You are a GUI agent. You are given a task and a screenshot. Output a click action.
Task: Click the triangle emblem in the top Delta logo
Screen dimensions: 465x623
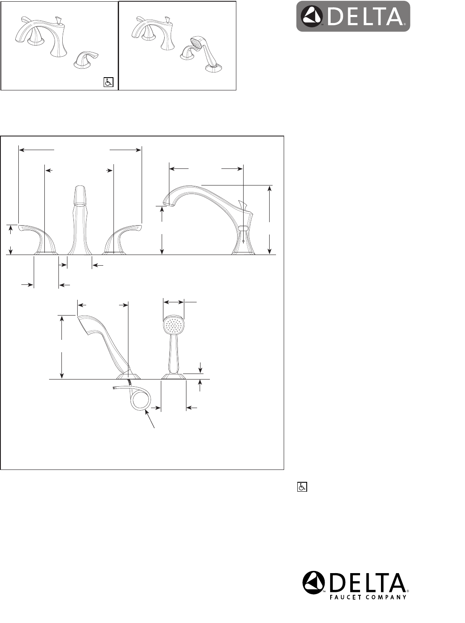(312, 16)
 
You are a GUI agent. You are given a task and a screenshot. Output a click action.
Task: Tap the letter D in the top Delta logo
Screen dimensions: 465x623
(336, 16)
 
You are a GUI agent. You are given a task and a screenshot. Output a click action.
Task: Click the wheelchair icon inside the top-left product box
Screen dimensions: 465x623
(108, 82)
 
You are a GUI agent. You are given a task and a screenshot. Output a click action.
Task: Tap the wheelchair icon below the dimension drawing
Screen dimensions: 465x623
(302, 487)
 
